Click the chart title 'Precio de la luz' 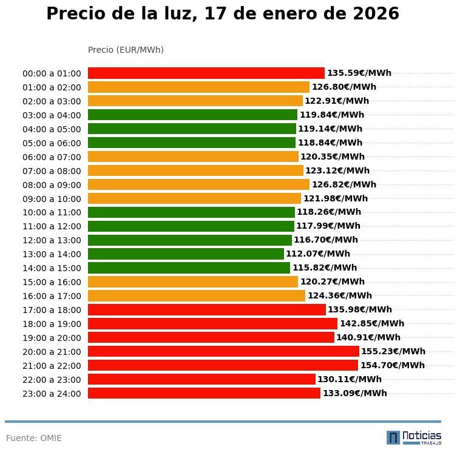pos(222,14)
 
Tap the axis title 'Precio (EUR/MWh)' pos(126,50)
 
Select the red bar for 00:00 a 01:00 pos(206,73)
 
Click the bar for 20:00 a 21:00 pos(223,351)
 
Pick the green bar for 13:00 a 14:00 pos(186,254)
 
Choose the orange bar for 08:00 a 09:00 pos(198,184)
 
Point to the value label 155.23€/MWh pos(393,351)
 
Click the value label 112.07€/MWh pos(317,254)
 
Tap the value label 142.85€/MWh pos(371,323)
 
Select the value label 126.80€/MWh pos(343,87)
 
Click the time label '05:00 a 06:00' pos(52,143)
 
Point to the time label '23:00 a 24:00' pos(52,394)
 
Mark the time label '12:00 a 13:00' pos(52,240)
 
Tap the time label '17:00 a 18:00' pos(52,310)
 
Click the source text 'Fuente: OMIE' pos(34,438)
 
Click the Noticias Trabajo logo pos(413,437)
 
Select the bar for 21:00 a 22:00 pos(223,365)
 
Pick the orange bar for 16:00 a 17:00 pos(196,295)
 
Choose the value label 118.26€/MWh pos(328,212)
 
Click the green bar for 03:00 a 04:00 pos(192,115)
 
